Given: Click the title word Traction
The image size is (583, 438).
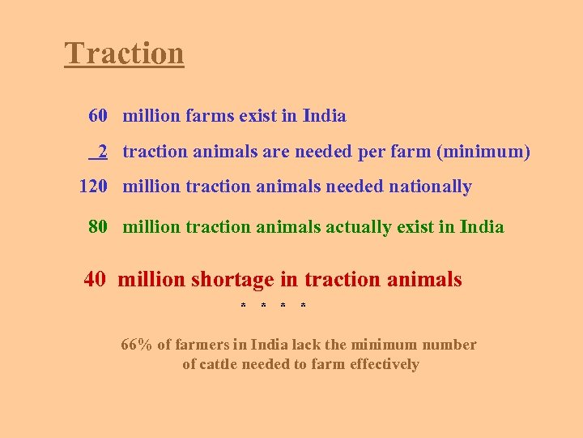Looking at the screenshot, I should pyautogui.click(x=124, y=54).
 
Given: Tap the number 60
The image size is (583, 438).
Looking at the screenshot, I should pyautogui.click(x=98, y=116).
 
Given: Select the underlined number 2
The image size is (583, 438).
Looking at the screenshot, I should pyautogui.click(x=103, y=152).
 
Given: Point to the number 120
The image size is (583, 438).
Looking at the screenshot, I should pyautogui.click(x=93, y=187).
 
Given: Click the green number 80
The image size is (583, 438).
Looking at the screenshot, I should pyautogui.click(x=98, y=227).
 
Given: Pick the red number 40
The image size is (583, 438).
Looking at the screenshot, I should pyautogui.click(x=94, y=280).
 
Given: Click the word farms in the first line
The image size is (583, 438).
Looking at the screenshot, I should pyautogui.click(x=210, y=116).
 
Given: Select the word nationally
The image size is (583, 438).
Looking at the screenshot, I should pyautogui.click(x=430, y=187).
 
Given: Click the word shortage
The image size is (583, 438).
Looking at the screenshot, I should pyautogui.click(x=232, y=280).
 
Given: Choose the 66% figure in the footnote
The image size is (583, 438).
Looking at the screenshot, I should pyautogui.click(x=137, y=345).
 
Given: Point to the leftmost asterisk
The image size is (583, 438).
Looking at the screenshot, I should pyautogui.click(x=243, y=307).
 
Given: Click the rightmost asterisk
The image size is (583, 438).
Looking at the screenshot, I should pyautogui.click(x=303, y=307).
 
